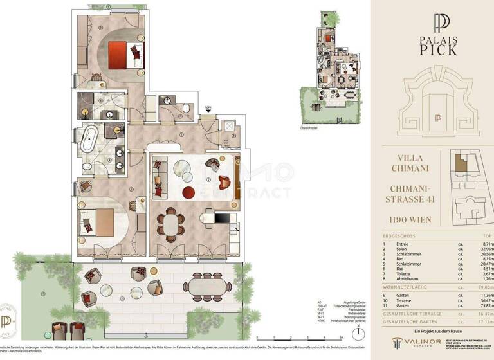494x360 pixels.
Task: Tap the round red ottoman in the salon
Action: [188, 192]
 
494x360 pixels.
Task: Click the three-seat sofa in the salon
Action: [159, 177]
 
